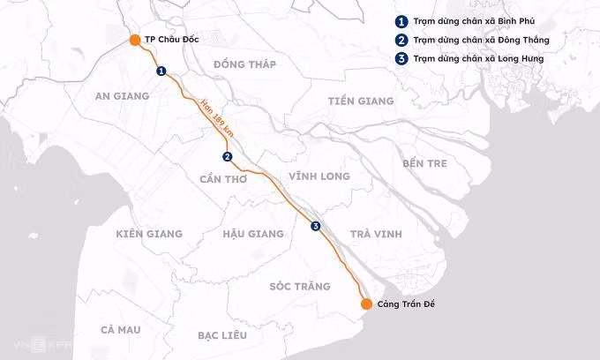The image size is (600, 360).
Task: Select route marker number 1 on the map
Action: coord(161,71)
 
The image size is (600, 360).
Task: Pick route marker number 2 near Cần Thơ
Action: coord(228,157)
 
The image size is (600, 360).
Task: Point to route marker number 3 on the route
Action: coord(316,227)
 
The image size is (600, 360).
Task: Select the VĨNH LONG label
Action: coord(319,176)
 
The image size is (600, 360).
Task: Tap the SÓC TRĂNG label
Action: coord(300,287)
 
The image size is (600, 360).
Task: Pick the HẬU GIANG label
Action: coord(253,234)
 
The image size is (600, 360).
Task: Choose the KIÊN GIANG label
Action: coord(149,234)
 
